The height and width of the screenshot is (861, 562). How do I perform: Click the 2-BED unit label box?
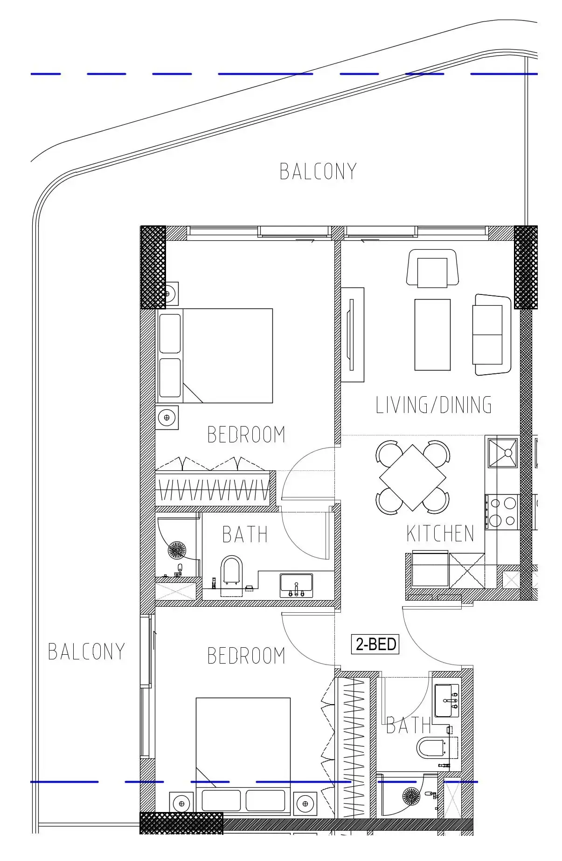pyautogui.click(x=375, y=644)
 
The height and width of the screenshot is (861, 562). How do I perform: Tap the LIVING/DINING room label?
pyautogui.click(x=433, y=405)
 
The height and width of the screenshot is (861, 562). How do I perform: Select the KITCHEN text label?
pyautogui.click(x=440, y=533)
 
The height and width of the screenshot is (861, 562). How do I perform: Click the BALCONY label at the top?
pyautogui.click(x=318, y=171)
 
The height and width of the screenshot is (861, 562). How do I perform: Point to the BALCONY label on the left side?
pyautogui.click(x=86, y=651)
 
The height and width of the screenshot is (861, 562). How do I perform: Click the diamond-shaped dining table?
pyautogui.click(x=413, y=478)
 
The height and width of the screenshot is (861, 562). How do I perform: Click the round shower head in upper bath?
pyautogui.click(x=177, y=550)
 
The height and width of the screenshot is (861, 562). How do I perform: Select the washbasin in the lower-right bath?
pyautogui.click(x=447, y=700)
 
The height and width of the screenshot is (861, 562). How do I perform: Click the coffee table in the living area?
pyautogui.click(x=432, y=335)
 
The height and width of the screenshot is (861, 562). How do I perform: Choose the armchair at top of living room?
pyautogui.click(x=432, y=268)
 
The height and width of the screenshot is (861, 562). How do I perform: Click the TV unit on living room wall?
pyautogui.click(x=352, y=335)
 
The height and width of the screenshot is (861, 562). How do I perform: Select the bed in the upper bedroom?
pyautogui.click(x=215, y=356)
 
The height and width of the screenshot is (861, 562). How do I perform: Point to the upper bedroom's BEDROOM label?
pyautogui.click(x=246, y=434)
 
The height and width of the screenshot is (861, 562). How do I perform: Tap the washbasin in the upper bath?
pyautogui.click(x=296, y=586)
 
